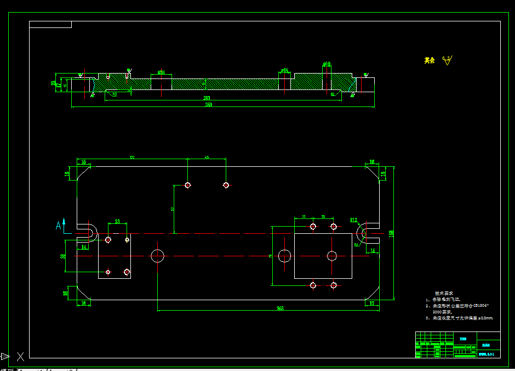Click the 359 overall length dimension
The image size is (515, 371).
(x=209, y=104)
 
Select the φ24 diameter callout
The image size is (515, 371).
(x=161, y=72)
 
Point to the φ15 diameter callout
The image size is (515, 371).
(x=284, y=70)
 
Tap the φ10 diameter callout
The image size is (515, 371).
(x=327, y=64)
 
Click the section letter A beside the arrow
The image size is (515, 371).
(x=58, y=225)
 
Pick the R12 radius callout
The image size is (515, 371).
(x=354, y=220)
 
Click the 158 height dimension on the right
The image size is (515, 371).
(x=391, y=233)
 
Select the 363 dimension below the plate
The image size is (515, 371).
(x=280, y=308)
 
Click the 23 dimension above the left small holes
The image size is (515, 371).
(x=117, y=221)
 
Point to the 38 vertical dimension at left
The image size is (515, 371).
(x=63, y=256)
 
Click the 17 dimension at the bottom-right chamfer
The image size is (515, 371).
(x=372, y=302)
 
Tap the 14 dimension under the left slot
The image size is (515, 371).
(x=84, y=247)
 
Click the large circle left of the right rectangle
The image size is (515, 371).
(x=284, y=255)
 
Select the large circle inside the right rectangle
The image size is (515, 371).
(x=331, y=255)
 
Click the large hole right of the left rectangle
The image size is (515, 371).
(x=158, y=255)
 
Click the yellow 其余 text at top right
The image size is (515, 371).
(x=430, y=60)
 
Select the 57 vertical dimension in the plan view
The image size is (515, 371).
(x=173, y=209)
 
